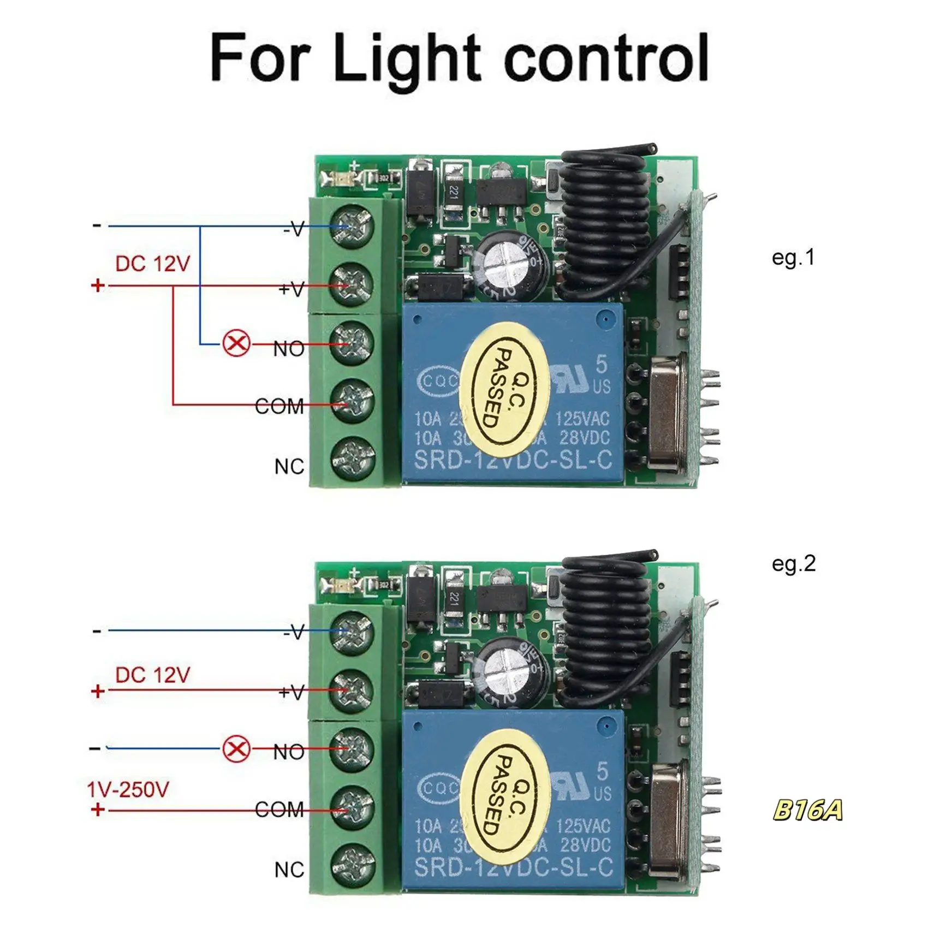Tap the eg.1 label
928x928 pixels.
pos(793,257)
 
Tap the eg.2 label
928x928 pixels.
pos(793,563)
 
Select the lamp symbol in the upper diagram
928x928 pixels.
pos(237,344)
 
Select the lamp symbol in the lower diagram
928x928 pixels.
pos(237,748)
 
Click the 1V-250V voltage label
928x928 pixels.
pos(128,789)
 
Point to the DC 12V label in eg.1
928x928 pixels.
pos(152,264)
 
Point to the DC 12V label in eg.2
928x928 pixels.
pos(152,675)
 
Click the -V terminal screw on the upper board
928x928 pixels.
pos(353,226)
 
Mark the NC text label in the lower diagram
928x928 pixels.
pos(289,870)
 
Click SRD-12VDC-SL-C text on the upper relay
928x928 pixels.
pos(513,460)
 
